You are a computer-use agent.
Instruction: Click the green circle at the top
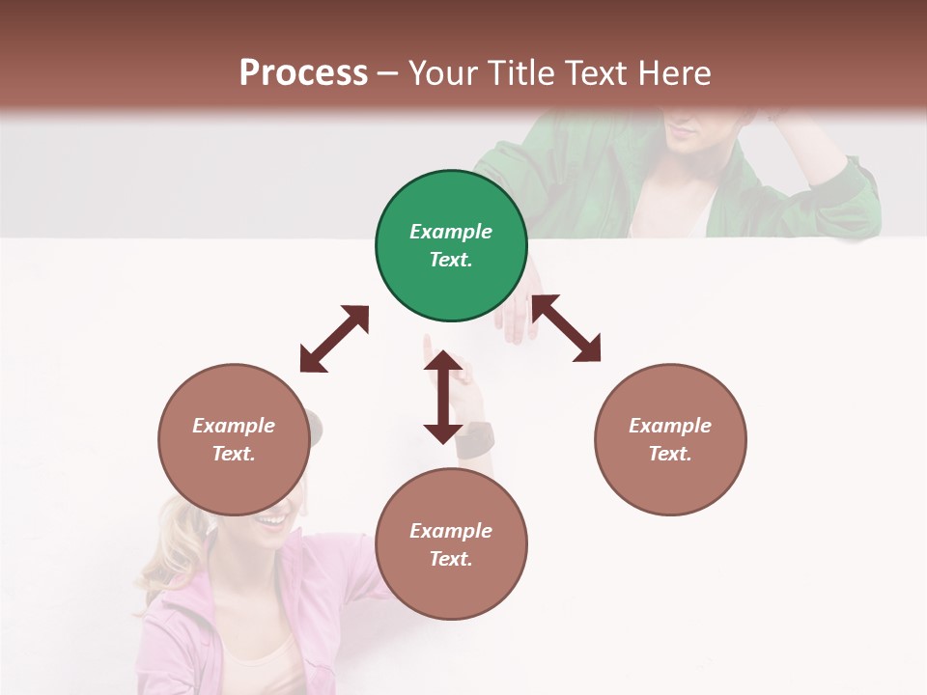tap(451, 246)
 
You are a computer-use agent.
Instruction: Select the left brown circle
tap(234, 439)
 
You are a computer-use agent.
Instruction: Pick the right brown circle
tap(670, 439)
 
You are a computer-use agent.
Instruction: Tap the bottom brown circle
tap(451, 544)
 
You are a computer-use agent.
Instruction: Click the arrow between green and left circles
tap(334, 339)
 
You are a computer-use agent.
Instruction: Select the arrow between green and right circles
tap(567, 328)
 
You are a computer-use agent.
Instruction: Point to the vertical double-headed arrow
tap(443, 397)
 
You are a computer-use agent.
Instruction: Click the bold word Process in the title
tap(303, 72)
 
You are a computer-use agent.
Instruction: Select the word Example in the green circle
tap(451, 232)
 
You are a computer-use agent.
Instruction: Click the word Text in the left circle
tap(233, 454)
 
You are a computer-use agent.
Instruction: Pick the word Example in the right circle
tap(670, 426)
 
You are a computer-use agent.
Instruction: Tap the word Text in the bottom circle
tap(450, 559)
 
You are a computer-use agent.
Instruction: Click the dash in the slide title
tap(388, 74)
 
